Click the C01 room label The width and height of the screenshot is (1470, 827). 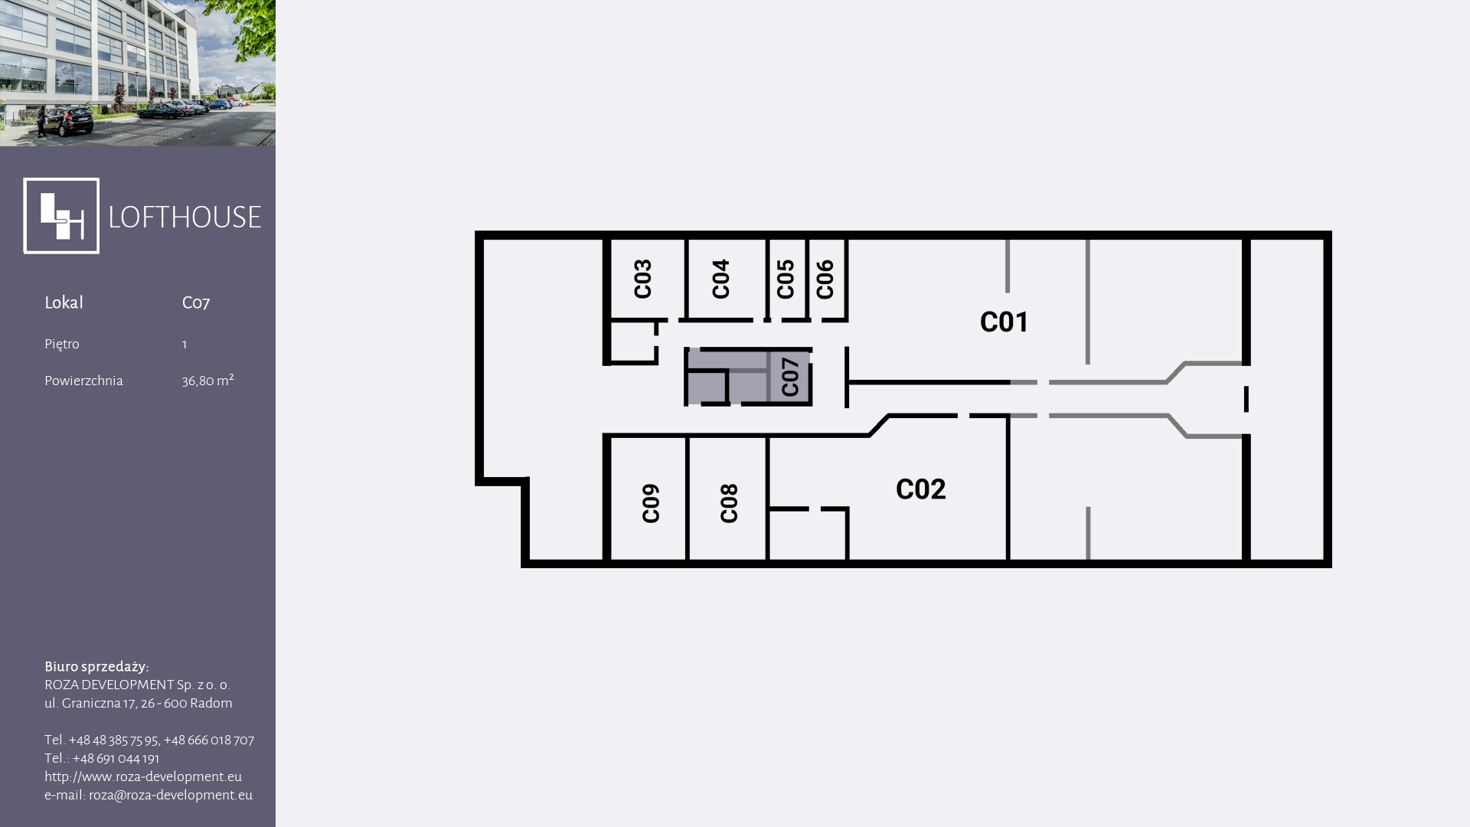[x=1004, y=322]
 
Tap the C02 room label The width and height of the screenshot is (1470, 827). [x=920, y=489]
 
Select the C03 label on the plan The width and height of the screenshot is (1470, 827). [x=643, y=279]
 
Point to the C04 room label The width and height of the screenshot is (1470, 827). [x=720, y=279]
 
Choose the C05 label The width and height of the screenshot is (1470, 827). [x=786, y=279]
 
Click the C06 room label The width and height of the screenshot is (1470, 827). [x=825, y=279]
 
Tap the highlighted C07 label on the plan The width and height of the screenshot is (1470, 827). [x=790, y=377]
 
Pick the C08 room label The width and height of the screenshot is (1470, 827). [x=729, y=503]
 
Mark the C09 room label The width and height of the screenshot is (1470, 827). [x=651, y=503]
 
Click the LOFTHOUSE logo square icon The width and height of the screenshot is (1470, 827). [x=61, y=216]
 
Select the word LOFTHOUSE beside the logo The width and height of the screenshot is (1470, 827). [x=185, y=217]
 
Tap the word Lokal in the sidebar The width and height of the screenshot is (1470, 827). [x=64, y=302]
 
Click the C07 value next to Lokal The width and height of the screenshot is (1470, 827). [x=196, y=302]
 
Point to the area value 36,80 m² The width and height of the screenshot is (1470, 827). [x=207, y=381]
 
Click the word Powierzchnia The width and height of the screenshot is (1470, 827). [x=83, y=381]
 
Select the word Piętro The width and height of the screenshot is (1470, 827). [x=62, y=344]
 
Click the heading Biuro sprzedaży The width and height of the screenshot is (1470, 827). [x=96, y=667]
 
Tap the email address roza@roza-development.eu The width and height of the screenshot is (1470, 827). [x=171, y=795]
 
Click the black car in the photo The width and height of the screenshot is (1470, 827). [x=67, y=121]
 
